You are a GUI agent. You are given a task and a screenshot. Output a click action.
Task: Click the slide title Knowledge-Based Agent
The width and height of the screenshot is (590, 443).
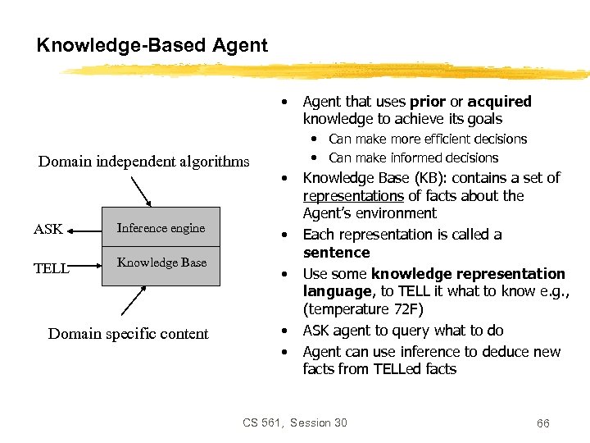[x=152, y=45]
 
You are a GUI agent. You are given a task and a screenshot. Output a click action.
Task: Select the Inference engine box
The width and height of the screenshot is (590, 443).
[x=161, y=227]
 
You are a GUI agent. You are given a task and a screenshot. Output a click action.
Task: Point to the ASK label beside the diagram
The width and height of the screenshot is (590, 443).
[x=48, y=229]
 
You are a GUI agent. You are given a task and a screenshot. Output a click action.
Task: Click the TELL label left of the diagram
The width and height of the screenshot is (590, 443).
[x=50, y=267]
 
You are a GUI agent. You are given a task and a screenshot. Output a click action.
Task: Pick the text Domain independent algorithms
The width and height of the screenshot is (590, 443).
[x=144, y=161]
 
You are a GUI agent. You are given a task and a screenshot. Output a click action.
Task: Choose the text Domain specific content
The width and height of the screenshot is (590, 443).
[x=129, y=333]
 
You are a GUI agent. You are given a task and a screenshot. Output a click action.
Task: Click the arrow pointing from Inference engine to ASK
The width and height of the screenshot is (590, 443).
[x=84, y=230]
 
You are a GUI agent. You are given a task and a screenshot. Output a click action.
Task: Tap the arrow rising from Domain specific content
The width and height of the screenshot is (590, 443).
[x=134, y=303]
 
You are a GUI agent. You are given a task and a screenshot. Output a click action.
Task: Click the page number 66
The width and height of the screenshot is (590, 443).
[x=542, y=423]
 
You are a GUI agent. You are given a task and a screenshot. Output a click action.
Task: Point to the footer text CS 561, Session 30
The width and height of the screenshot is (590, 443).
[x=295, y=422]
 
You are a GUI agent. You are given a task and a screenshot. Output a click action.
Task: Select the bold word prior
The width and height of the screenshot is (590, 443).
[x=429, y=102]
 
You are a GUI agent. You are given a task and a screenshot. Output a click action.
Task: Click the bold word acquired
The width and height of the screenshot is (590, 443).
[x=499, y=102]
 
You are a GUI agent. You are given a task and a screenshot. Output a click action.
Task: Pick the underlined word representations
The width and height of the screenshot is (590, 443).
[x=353, y=196]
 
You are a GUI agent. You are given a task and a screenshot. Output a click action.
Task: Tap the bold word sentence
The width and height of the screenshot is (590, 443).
[x=336, y=253]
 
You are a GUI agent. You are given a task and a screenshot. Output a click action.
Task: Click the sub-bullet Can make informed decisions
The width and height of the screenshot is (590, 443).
[x=413, y=158]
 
